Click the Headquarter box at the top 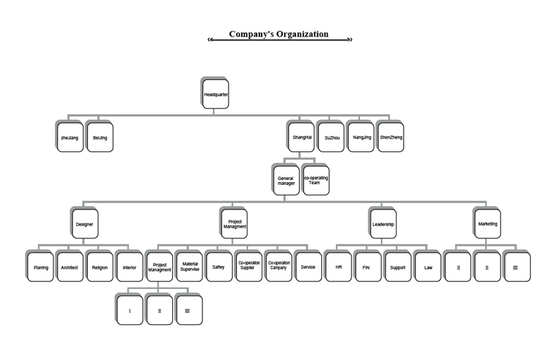[x=216, y=94]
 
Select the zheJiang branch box [x=69, y=138]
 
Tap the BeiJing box [x=100, y=138]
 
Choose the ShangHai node [x=302, y=138]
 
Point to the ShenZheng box [x=392, y=138]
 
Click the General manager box [x=286, y=180]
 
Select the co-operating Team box [x=316, y=180]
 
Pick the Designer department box [x=84, y=224]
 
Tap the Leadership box [x=383, y=224]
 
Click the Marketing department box [x=487, y=224]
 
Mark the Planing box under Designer [x=41, y=268]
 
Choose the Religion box [x=99, y=268]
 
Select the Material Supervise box [x=191, y=268]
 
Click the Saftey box [x=219, y=268]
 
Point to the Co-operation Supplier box [x=248, y=268]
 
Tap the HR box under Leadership [x=338, y=268]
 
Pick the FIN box [x=368, y=268]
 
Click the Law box [x=428, y=268]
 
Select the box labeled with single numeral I [x=129, y=310]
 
